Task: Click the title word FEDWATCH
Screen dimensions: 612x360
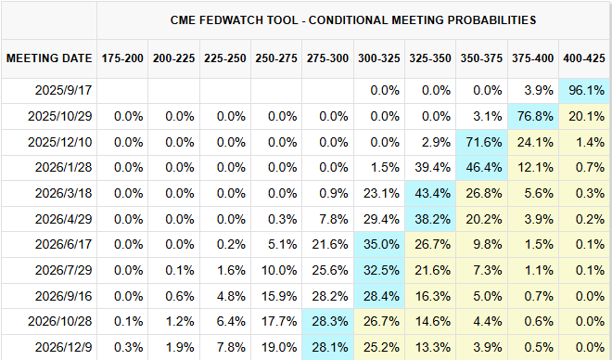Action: tap(249, 19)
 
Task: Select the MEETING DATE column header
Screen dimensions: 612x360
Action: tap(49, 58)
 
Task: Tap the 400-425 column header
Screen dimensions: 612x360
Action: tap(584, 58)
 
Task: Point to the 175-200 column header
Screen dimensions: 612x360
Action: tap(122, 58)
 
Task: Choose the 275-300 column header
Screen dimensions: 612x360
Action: tap(327, 58)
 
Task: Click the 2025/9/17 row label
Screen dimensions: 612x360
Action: tap(63, 90)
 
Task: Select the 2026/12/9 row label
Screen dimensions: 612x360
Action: tap(63, 347)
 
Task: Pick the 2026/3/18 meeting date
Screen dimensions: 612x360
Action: tap(63, 193)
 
